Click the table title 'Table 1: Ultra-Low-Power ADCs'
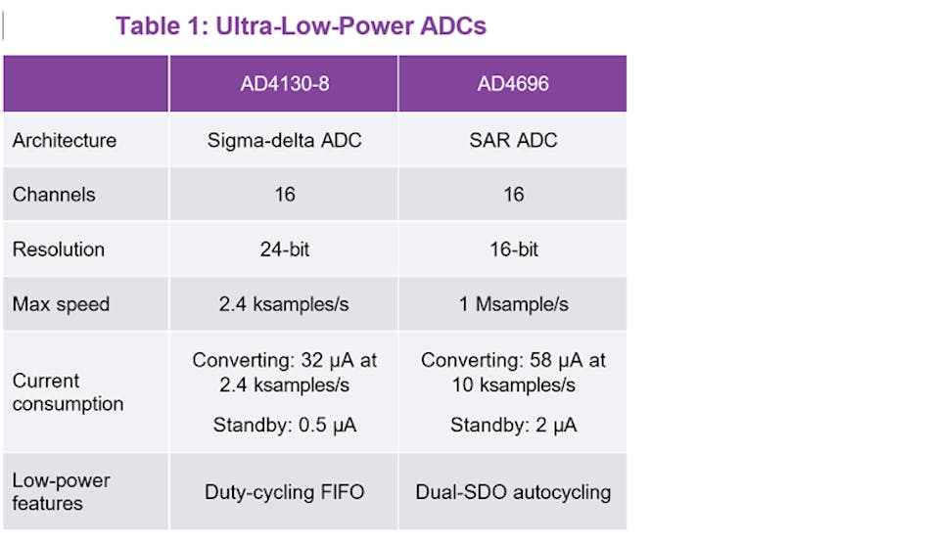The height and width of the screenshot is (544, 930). pos(301,26)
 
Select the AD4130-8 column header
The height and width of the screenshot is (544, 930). pos(284,84)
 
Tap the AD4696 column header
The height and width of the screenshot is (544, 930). pos(513,84)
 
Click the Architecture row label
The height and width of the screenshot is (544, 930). pos(65,140)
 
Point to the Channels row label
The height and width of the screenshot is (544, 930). pos(54,195)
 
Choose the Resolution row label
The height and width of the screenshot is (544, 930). pos(59,249)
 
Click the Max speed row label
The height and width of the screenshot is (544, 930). pos(61,304)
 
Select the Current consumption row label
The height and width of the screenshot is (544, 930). pos(68,392)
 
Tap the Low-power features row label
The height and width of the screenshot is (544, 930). pos(61,492)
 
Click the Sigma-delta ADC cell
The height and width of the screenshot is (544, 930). pos(284,140)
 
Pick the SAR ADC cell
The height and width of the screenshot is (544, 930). pos(513,140)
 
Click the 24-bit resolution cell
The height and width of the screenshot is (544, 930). pos(284,249)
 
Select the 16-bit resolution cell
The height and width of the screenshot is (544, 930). pos(513,249)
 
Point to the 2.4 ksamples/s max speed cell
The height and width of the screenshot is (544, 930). pos(284,304)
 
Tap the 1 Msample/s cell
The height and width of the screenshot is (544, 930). pos(513,304)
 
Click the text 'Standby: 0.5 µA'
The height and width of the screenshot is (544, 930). pos(284,425)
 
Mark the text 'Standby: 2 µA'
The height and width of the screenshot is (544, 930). pos(513,425)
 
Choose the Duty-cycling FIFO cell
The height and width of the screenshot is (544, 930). pos(284,492)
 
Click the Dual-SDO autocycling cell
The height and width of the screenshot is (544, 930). pos(513,492)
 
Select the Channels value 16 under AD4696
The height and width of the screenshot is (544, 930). pos(513,195)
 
